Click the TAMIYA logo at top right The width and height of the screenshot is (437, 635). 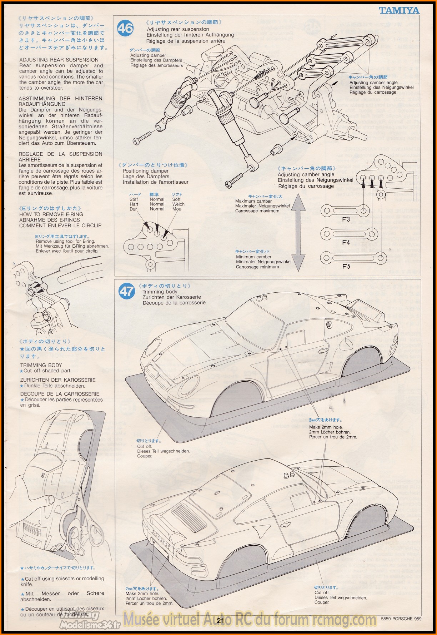pyautogui.click(x=399, y=10)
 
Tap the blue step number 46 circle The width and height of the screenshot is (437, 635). pyautogui.click(x=125, y=28)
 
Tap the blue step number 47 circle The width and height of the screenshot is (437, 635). pyautogui.click(x=127, y=292)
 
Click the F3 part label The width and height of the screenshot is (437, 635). pyautogui.click(x=346, y=219)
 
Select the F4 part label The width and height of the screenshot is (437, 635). pyautogui.click(x=346, y=243)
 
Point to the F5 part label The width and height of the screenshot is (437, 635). pyautogui.click(x=346, y=266)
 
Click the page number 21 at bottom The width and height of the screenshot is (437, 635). pyautogui.click(x=220, y=621)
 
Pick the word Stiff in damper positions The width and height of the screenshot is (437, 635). pyautogui.click(x=134, y=199)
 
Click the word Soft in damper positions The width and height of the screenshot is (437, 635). pyautogui.click(x=176, y=199)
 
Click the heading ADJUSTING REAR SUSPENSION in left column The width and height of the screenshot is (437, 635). pyautogui.click(x=59, y=60)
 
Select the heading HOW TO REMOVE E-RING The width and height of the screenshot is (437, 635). pyautogui.click(x=51, y=214)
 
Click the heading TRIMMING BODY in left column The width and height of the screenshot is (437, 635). pyautogui.click(x=41, y=365)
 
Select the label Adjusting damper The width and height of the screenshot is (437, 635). pyautogui.click(x=148, y=55)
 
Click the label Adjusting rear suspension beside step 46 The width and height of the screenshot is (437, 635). pyautogui.click(x=178, y=29)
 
